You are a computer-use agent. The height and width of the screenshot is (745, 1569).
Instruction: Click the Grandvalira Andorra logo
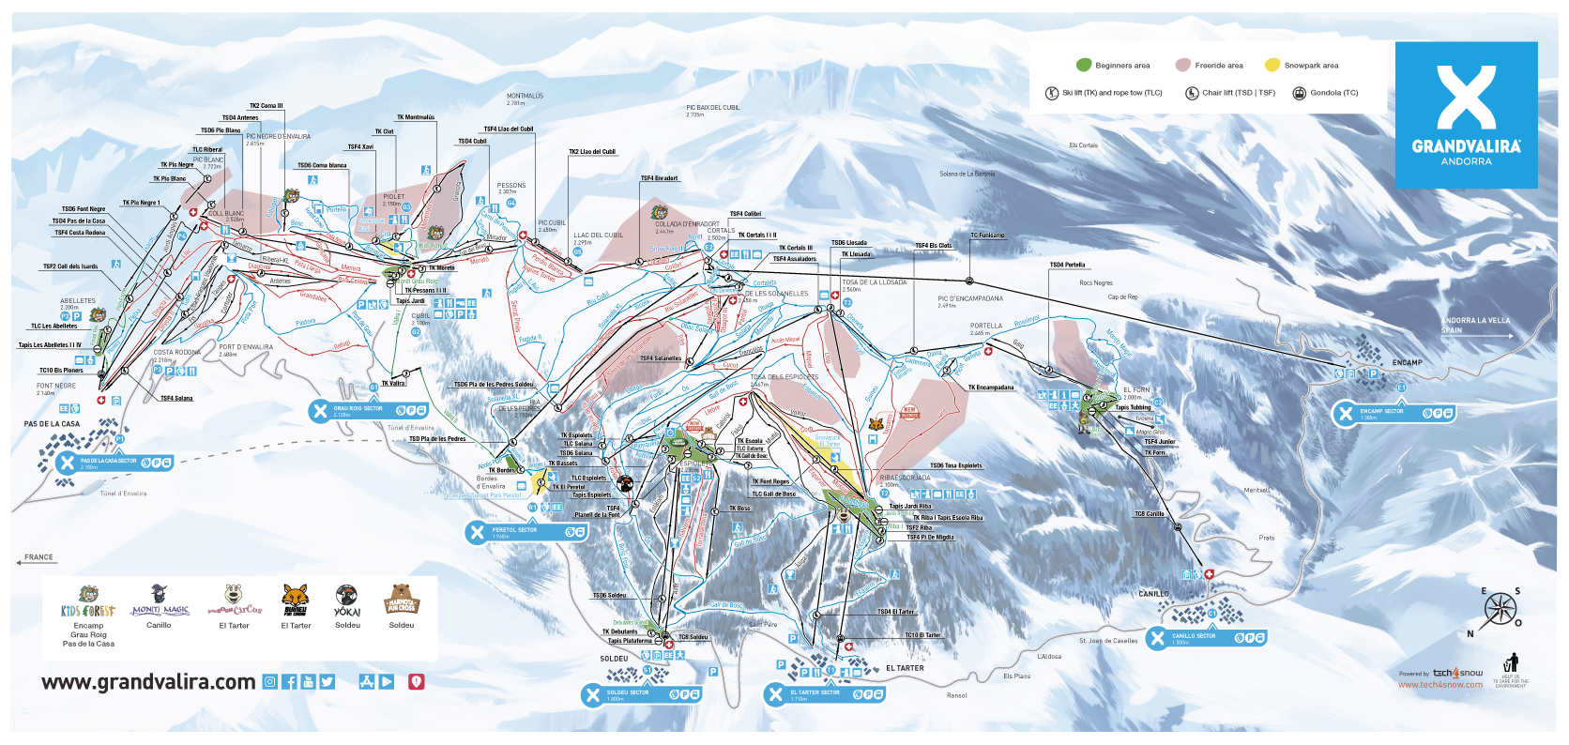pyautogui.click(x=1466, y=114)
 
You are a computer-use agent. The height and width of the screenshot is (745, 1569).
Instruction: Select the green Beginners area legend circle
pyautogui.click(x=1084, y=65)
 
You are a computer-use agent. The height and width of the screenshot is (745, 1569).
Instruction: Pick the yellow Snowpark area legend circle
pyautogui.click(x=1272, y=65)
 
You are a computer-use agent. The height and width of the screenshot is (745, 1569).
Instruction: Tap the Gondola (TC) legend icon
pyautogui.click(x=1300, y=93)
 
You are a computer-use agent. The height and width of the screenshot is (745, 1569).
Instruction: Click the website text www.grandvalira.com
pyautogui.click(x=148, y=682)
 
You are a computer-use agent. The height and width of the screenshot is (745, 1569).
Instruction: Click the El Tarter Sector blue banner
pyautogui.click(x=824, y=694)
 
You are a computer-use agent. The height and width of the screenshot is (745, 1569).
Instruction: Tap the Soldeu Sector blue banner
pyautogui.click(x=641, y=694)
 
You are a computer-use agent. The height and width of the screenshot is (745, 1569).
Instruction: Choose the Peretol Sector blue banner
pyautogui.click(x=527, y=532)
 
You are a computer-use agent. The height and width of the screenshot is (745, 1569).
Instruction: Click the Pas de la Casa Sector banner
pyautogui.click(x=114, y=463)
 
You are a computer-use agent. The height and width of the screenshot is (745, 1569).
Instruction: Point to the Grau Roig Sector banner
pyautogui.click(x=369, y=410)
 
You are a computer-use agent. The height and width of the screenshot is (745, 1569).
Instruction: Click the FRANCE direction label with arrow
pyautogui.click(x=38, y=558)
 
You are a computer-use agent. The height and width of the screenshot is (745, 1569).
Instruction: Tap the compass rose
pyautogui.click(x=1500, y=610)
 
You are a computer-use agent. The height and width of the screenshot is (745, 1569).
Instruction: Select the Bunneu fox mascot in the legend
pyautogui.click(x=296, y=598)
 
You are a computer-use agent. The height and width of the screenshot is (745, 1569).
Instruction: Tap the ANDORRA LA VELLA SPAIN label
pyautogui.click(x=1475, y=325)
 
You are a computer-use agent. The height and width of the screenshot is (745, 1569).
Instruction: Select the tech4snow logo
pyautogui.click(x=1456, y=673)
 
